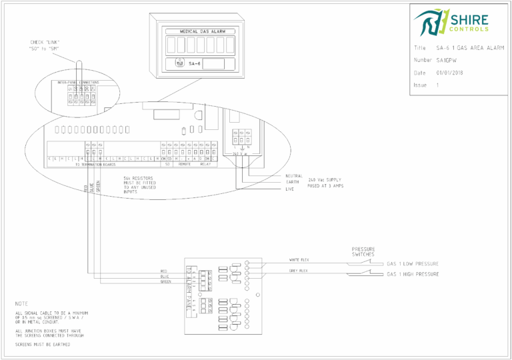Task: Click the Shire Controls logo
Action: coord(451,22)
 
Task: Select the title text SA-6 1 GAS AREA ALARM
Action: coord(469,48)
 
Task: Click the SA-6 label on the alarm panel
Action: coord(194,64)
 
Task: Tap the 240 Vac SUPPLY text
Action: coord(325,180)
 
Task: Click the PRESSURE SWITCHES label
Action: coord(363,251)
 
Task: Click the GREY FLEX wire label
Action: coord(297,271)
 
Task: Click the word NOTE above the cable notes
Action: coord(22,303)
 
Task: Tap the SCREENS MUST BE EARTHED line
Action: coord(43,345)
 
